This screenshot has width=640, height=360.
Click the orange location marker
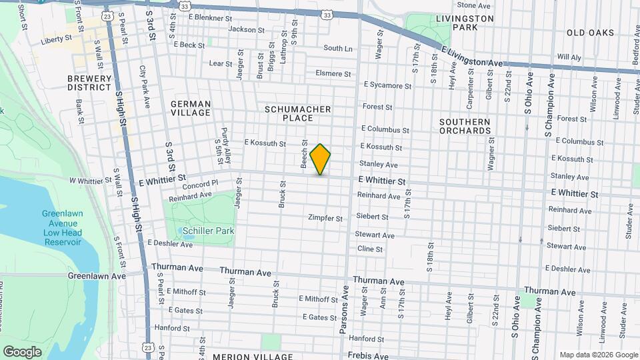coord(321,159)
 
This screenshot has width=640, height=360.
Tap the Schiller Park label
coord(205,231)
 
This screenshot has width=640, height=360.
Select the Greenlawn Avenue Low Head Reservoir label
coord(62,227)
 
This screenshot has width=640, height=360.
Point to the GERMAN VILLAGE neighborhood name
coord(191,109)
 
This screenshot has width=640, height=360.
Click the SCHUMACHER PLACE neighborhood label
coord(298,113)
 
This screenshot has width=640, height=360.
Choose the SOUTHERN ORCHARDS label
coord(465,126)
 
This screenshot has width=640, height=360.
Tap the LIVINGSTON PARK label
coord(465,23)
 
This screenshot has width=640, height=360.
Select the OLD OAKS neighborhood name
coord(589,32)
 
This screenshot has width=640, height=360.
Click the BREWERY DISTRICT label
coord(89,83)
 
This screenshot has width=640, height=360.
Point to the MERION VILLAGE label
coord(253,357)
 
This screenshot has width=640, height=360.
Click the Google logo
coord(23,351)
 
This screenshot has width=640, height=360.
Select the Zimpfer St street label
coord(325,218)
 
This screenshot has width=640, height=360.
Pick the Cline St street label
coord(370,249)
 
